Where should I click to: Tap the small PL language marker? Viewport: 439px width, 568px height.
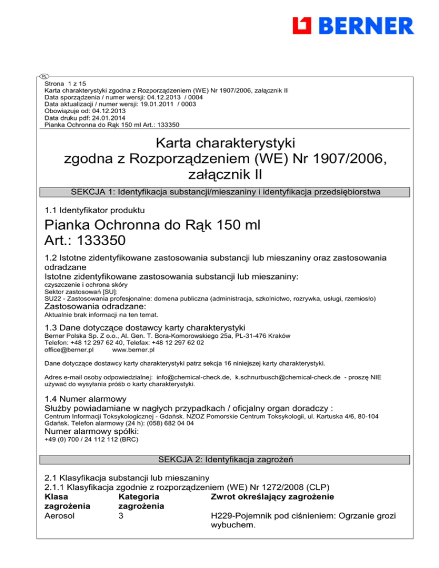coord(43,76)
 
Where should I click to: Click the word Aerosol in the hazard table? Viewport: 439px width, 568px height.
coord(60,517)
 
